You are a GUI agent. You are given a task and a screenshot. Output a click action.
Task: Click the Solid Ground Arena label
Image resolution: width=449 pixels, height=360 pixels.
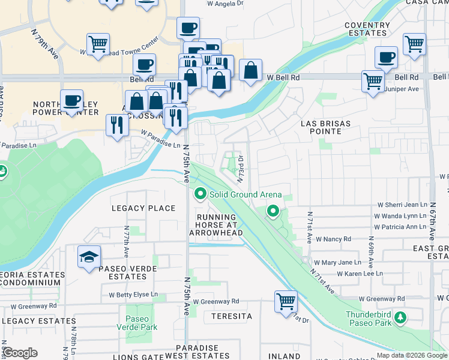246,195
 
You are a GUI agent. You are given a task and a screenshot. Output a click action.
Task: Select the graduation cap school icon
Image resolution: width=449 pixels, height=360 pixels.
89,257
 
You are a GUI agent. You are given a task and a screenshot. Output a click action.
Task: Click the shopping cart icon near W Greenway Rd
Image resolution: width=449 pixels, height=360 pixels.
286,301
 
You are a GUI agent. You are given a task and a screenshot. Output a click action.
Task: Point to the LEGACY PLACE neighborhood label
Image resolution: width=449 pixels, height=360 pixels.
143,208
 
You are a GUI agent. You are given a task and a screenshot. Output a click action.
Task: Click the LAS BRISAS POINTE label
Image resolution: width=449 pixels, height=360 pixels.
325,124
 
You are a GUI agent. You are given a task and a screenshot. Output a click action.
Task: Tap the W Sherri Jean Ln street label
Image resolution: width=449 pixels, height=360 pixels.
402,205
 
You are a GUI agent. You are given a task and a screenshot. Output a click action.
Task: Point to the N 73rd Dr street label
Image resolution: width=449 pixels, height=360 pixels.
240,169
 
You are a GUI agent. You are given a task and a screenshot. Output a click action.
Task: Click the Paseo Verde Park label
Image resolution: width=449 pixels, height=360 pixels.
142,323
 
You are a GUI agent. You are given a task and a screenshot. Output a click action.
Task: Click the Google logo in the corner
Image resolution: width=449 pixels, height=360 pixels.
19,353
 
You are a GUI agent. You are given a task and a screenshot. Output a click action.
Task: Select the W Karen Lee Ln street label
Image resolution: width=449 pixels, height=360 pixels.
360,274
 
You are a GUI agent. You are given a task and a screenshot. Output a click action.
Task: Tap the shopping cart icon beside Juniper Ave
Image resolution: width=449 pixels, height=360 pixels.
373,81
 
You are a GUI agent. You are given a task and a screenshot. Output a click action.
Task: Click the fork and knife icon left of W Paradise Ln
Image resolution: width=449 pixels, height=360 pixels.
116,125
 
